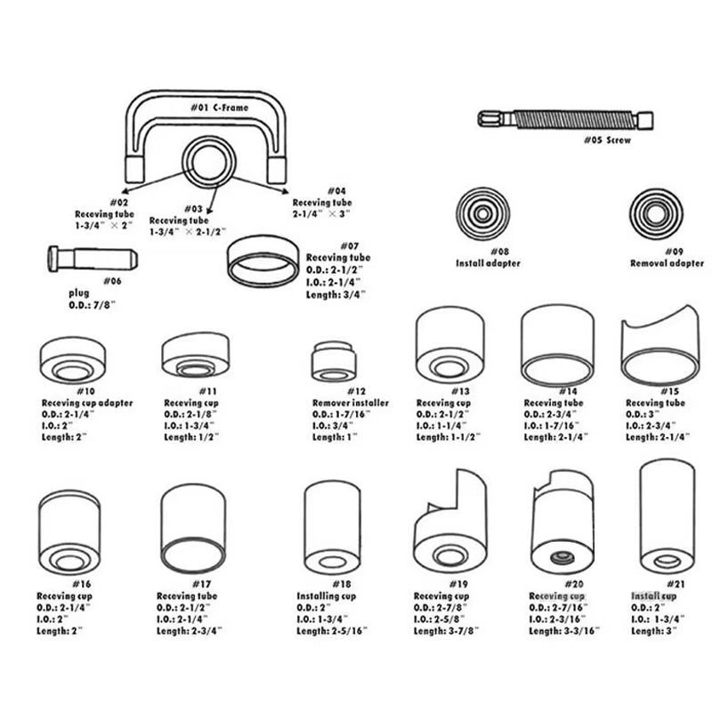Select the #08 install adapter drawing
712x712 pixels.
(488, 214)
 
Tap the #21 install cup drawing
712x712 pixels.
(667, 516)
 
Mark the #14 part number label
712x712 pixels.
(566, 391)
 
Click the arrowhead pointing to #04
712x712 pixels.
(285, 189)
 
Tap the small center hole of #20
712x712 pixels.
(561, 558)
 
